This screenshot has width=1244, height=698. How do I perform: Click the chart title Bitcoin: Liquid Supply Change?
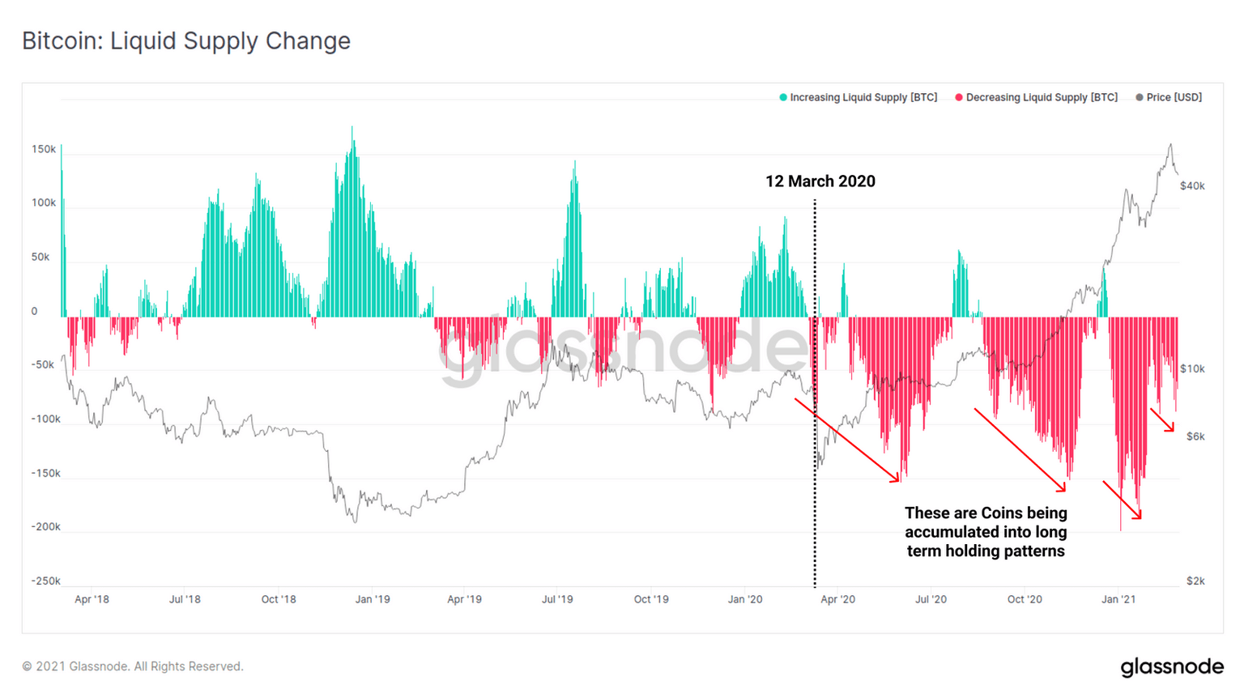186,41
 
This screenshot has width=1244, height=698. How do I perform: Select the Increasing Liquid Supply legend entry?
858,97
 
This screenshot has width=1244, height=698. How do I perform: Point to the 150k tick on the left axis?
44,149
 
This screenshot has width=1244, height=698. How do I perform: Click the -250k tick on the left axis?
45,581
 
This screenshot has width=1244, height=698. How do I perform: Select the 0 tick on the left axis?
34,311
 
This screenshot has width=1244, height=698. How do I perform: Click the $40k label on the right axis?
1192,185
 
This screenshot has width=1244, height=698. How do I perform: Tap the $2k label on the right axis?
1195,581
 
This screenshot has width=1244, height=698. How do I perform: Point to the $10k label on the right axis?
1192,368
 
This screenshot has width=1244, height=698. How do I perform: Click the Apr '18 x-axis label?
92,599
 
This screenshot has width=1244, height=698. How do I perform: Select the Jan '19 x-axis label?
373,599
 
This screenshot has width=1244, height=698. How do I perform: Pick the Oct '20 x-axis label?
1025,599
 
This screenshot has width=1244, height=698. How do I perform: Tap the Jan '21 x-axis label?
1118,599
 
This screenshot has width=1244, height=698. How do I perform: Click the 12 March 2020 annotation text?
820,181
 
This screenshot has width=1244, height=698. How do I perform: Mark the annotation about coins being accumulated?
986,532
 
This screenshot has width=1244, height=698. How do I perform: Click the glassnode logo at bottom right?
1172,666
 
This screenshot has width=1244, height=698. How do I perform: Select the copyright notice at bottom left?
132,666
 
